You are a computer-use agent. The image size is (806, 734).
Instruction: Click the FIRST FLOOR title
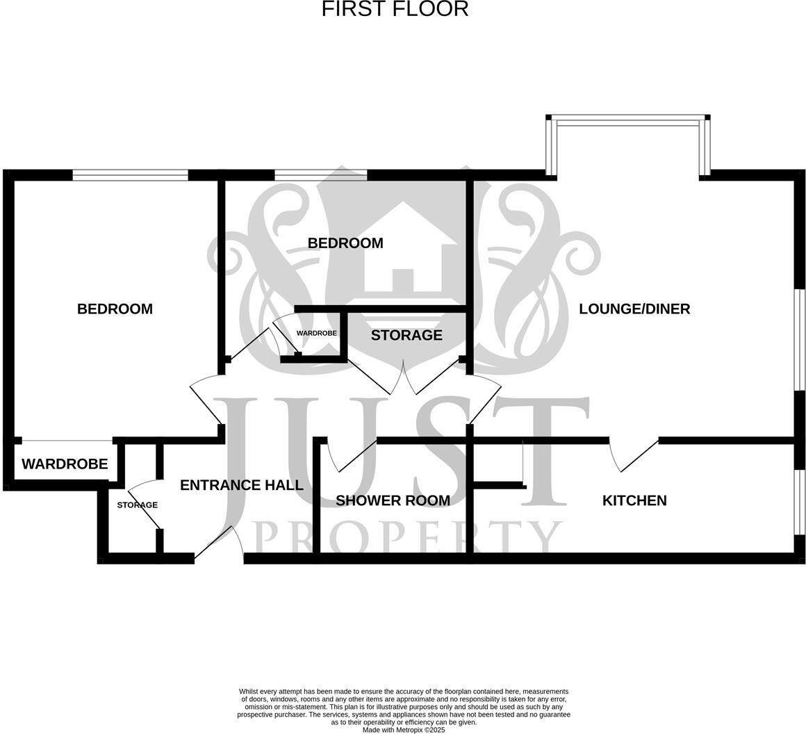click(395, 10)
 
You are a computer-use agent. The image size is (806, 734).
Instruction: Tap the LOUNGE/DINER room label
click(634, 309)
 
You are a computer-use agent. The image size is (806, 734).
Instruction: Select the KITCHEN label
click(634, 500)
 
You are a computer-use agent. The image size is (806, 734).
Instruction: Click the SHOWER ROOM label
click(393, 500)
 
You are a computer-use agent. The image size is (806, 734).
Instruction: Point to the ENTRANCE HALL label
click(241, 485)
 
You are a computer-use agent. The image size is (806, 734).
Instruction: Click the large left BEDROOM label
click(115, 309)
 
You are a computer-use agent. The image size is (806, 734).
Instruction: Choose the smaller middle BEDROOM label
click(345, 243)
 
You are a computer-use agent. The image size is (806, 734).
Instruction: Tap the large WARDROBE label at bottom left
click(65, 464)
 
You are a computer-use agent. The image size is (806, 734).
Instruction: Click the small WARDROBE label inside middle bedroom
click(316, 334)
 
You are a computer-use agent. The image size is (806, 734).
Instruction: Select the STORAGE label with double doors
click(406, 336)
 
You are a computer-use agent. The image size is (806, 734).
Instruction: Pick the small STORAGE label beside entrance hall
click(137, 505)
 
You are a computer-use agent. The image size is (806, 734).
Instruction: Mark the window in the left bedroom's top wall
click(130, 175)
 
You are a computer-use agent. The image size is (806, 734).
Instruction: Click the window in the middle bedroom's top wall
click(320, 175)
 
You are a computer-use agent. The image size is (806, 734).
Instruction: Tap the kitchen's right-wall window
click(799, 502)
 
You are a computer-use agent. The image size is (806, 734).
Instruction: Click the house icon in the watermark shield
click(403, 250)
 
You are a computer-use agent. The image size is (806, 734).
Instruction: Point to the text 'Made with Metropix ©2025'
click(403, 730)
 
